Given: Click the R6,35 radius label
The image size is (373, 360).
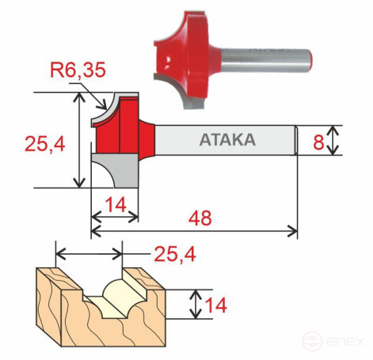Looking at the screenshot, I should click(x=77, y=70).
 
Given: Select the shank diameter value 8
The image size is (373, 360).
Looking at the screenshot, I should click(x=318, y=142).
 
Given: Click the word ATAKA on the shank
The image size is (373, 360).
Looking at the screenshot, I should click(x=227, y=141).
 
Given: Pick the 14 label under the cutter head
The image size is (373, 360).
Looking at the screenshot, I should click(x=116, y=205).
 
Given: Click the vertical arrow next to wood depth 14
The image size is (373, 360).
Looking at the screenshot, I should click(x=196, y=303).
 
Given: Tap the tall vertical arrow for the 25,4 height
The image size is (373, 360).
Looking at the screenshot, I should click(x=78, y=140).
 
